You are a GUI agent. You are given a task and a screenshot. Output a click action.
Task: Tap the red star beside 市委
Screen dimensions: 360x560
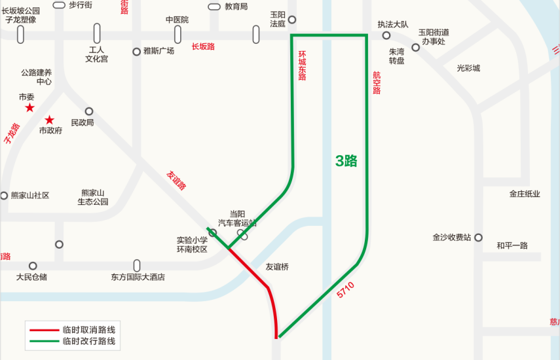29,107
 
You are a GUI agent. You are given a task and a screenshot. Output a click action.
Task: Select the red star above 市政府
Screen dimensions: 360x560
50,120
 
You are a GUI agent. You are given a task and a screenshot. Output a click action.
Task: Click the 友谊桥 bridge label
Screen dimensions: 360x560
277,267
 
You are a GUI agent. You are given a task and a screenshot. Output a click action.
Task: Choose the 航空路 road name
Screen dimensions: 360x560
377,83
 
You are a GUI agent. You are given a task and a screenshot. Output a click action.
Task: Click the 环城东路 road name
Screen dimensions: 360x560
302,65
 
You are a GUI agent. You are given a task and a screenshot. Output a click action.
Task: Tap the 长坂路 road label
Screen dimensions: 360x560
203,46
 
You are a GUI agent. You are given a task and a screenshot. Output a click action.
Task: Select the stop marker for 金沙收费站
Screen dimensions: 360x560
478,238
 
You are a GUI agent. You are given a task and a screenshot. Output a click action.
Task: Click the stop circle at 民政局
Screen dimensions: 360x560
89,111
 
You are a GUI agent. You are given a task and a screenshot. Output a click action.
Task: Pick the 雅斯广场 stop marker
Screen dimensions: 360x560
136,51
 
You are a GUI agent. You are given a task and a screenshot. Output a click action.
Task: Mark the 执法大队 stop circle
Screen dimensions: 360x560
386,35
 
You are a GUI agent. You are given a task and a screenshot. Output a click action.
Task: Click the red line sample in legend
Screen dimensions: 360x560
43,330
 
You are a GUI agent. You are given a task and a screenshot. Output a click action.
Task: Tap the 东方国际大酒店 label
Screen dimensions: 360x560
138,277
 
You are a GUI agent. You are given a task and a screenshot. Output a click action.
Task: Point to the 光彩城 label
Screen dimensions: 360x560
468,68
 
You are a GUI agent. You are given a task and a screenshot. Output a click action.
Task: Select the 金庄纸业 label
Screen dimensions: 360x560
525,194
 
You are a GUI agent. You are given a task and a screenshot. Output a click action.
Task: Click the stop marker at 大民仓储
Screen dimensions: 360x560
33,266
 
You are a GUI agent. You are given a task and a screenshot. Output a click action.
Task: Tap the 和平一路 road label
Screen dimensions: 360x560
512,245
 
